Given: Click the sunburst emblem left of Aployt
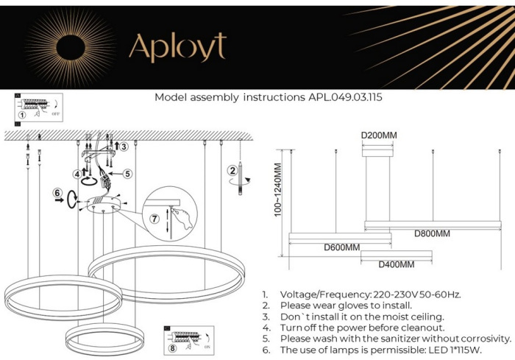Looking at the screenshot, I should click(71, 46).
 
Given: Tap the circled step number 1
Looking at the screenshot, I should click(22, 115).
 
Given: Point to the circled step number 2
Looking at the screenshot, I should click(232, 171).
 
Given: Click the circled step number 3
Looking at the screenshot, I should click(124, 147).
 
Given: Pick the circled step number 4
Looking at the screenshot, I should click(77, 174).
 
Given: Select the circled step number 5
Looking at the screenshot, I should click(127, 174).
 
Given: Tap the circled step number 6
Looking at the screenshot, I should click(57, 194).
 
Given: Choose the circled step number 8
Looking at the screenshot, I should click(174, 348).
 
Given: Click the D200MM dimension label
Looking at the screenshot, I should click(379, 135).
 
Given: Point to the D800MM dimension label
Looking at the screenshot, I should click(431, 233).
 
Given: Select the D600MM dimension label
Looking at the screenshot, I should click(342, 247).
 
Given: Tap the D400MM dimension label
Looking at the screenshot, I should click(396, 264).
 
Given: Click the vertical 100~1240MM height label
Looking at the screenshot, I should click(279, 188).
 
